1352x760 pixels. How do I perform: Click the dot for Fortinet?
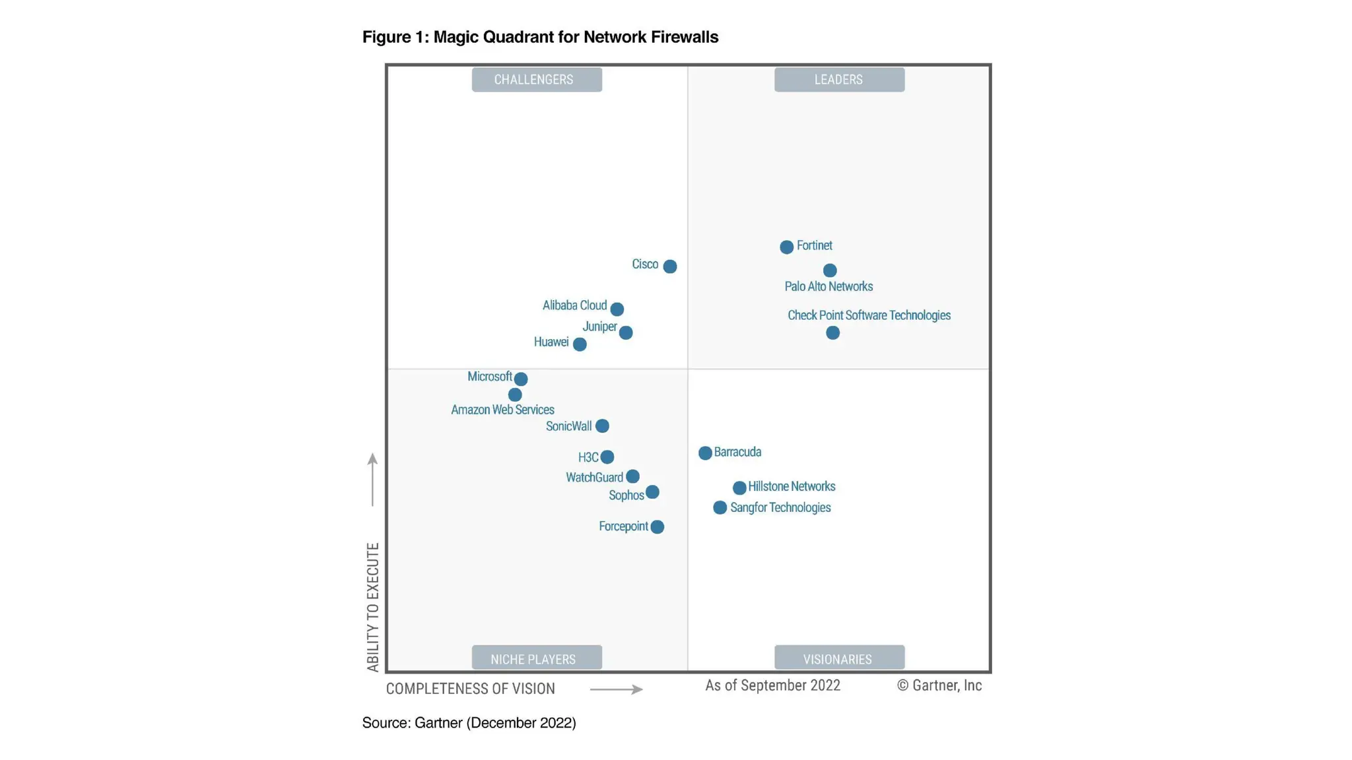[786, 247]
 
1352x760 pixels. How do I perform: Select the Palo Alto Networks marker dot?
[830, 270]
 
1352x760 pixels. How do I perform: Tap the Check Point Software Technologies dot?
[832, 333]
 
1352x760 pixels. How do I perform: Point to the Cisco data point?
[669, 267]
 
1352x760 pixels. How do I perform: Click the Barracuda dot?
[705, 453]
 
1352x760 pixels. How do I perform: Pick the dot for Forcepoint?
[657, 527]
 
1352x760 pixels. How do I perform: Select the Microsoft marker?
[521, 379]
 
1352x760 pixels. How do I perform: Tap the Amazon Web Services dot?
[515, 395]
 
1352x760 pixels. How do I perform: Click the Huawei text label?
[551, 342]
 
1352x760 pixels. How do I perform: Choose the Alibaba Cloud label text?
[574, 305]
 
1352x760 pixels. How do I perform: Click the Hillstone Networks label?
[792, 487]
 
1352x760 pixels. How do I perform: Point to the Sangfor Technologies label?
[780, 508]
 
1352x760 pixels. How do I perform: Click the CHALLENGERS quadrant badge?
[537, 80]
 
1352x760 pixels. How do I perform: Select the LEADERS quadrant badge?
[839, 80]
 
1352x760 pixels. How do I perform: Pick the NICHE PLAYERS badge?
[537, 658]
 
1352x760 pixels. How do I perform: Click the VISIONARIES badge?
[839, 658]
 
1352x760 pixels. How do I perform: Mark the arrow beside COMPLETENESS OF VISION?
[616, 689]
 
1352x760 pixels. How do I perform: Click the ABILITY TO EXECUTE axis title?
[373, 607]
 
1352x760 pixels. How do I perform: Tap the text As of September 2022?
[772, 685]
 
